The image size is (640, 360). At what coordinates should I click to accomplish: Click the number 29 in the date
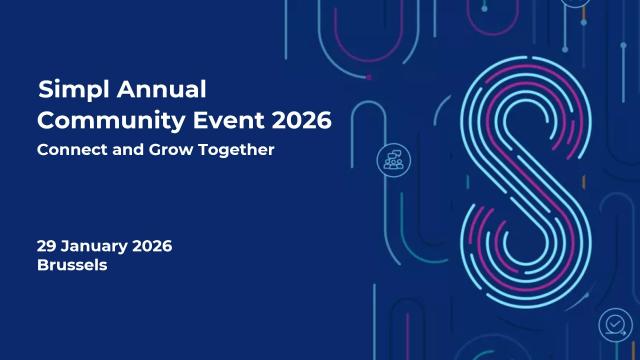pos(47,246)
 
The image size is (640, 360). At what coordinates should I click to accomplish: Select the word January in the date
pos(96,246)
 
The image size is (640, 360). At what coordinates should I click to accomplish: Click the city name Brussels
pos(71,266)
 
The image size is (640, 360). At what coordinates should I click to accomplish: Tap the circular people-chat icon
pos(391,159)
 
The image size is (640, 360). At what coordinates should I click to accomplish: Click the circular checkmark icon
pos(612,324)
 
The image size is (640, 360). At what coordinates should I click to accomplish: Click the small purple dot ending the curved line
pos(369,76)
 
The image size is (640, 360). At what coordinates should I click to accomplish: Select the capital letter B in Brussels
pos(42,266)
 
